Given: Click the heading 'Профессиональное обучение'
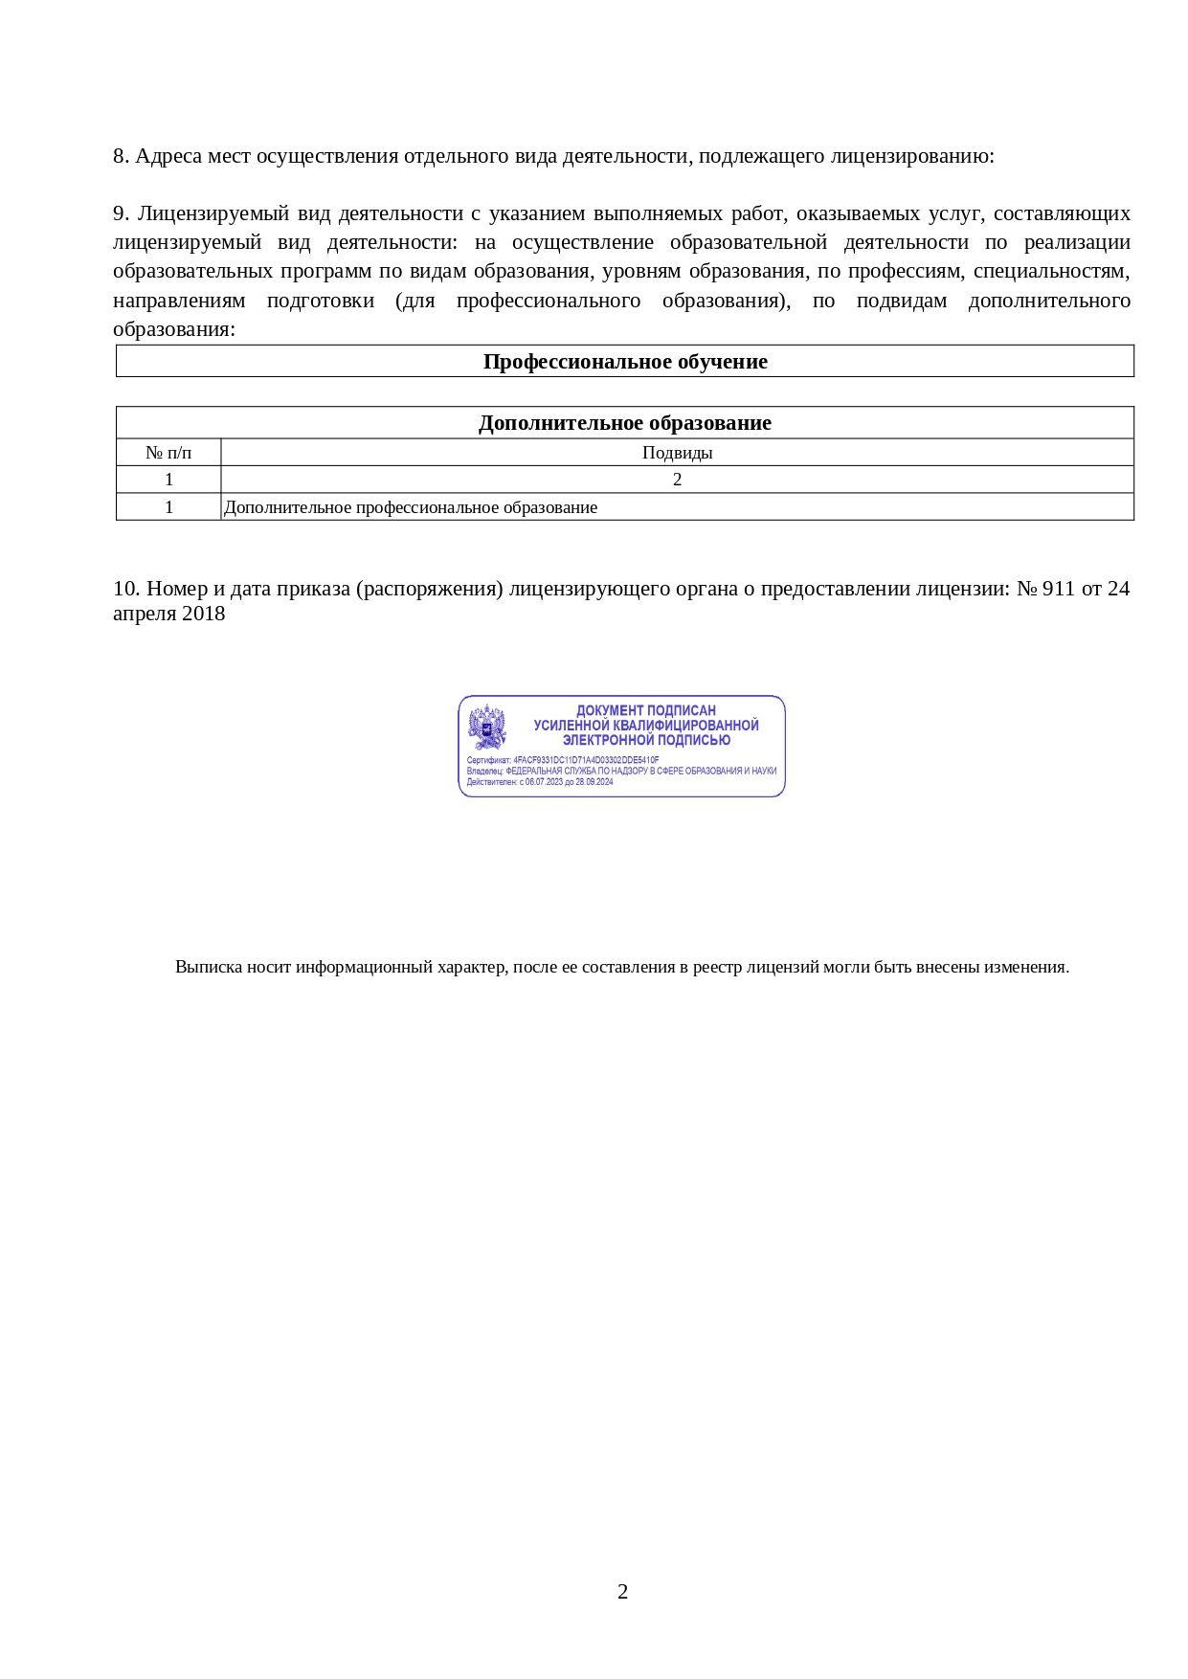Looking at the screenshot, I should [x=624, y=362].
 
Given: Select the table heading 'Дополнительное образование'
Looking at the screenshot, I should [x=624, y=423].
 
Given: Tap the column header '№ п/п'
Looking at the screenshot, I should [x=168, y=453].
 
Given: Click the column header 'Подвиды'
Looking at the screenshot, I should [x=677, y=453].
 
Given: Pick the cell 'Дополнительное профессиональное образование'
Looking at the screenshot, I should [x=411, y=507].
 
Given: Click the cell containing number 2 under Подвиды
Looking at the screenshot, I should [x=677, y=480].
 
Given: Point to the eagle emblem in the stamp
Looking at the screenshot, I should [x=487, y=728].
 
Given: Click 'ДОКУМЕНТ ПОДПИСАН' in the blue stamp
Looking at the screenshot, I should [x=645, y=710].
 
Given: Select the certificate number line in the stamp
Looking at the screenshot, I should [x=563, y=760].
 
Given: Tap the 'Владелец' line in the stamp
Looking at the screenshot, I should [x=621, y=771].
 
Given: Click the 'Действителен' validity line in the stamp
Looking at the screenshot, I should [x=540, y=782].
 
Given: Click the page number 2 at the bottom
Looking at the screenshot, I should [x=623, y=1591].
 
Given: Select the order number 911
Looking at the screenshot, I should [x=1058, y=589].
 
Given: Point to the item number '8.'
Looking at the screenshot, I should [x=121, y=156].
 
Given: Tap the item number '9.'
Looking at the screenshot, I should [x=121, y=213].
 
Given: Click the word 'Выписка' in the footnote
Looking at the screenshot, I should [x=208, y=967].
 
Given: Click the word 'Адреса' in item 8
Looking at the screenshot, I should [x=168, y=156].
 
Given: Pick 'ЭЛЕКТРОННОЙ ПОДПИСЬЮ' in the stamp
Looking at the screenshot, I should [x=646, y=740].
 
